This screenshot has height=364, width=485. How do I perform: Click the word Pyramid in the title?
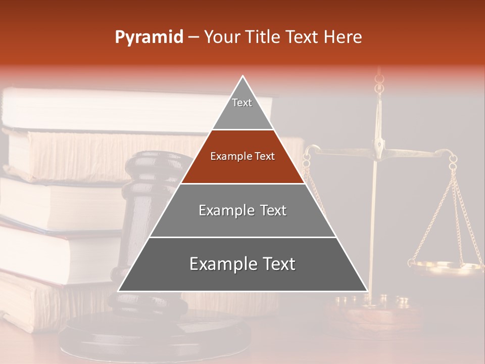149,37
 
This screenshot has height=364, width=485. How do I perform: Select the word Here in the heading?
343,37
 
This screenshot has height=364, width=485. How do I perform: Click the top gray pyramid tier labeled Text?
242,106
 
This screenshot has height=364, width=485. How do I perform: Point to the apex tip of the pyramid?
243,76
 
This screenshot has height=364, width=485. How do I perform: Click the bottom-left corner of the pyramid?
119,291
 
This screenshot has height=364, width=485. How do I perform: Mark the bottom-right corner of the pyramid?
367,291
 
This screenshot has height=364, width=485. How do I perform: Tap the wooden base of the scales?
374,316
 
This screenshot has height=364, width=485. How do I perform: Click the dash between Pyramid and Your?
193,37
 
